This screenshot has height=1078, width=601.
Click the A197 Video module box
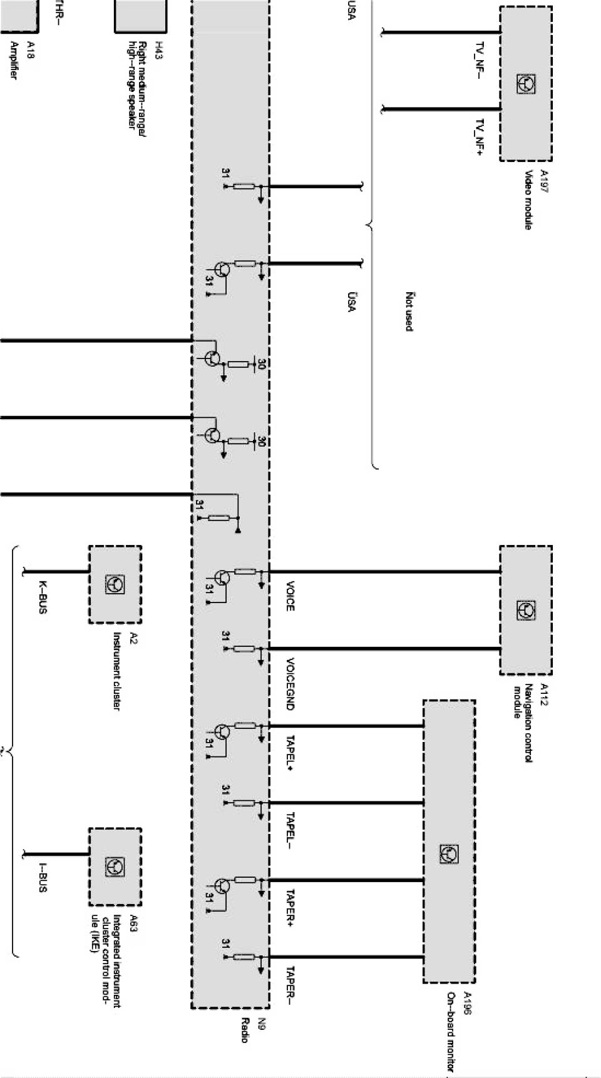526,84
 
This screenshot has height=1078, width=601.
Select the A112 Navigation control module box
526,610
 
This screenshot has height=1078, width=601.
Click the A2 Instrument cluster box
115,584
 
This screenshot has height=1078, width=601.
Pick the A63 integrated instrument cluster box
115,867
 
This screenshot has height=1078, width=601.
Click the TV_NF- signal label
479,60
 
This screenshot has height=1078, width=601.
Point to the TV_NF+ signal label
480,136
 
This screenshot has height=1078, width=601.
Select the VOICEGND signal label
289,683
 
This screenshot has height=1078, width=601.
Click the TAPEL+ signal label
289,753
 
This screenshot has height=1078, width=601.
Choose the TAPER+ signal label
289,908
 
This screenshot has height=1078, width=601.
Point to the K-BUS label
42,597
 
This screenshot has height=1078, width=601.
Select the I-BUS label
42,877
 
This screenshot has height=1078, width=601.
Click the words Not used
409,311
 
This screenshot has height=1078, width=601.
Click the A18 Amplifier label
21,60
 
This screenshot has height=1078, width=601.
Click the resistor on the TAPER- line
244,957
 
